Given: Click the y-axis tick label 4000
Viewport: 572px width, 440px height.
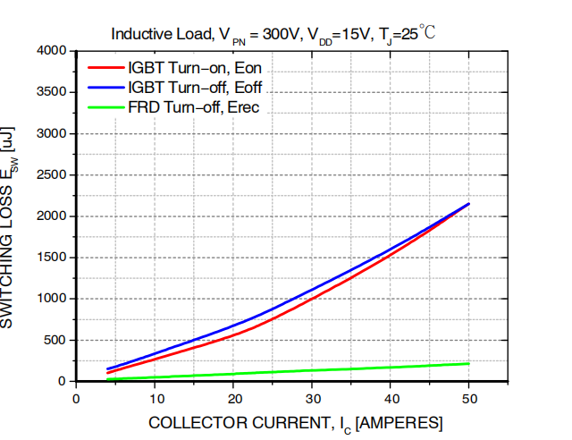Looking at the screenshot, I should click(x=52, y=51).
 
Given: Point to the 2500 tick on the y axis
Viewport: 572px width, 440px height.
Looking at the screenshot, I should click(x=52, y=175).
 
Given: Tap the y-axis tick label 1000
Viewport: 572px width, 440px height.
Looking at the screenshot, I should click(x=52, y=299).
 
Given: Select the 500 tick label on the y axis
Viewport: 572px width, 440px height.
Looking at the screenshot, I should click(x=55, y=341).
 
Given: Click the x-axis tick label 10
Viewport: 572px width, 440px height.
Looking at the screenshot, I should click(x=155, y=398).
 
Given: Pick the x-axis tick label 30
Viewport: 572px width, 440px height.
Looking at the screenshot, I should click(x=312, y=398).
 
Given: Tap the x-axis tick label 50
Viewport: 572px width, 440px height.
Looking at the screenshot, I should click(x=469, y=398).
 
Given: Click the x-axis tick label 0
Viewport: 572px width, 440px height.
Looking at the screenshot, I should click(x=76, y=398).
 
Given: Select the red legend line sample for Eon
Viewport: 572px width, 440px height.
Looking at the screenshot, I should click(x=105, y=67).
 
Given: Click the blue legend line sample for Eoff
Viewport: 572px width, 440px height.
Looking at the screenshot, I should click(x=105, y=88).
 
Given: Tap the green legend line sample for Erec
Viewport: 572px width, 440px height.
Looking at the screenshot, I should click(x=105, y=107).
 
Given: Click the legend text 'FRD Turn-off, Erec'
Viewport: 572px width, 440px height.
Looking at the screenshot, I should click(x=194, y=107).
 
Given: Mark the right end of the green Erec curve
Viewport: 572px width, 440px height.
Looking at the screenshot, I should click(x=469, y=363).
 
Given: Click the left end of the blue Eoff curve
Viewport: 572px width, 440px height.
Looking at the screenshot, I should click(x=107, y=369).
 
